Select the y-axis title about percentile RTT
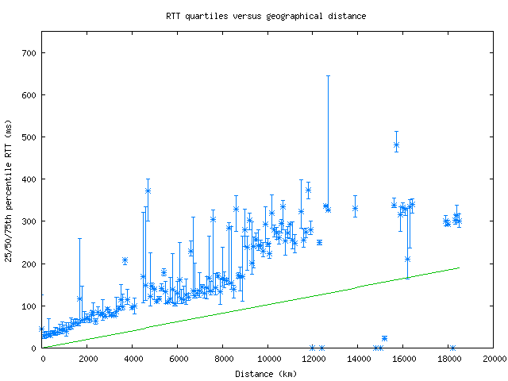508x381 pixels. [10, 190]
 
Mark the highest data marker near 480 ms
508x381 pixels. [396, 144]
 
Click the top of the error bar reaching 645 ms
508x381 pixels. [328, 75]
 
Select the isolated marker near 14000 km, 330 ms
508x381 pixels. [355, 209]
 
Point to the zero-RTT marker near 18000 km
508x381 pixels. [452, 348]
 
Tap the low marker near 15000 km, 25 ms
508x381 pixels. [384, 338]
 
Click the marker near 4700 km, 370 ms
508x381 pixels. [148, 190]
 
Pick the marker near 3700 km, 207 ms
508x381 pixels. [125, 260]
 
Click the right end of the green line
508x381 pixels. [459, 267]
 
